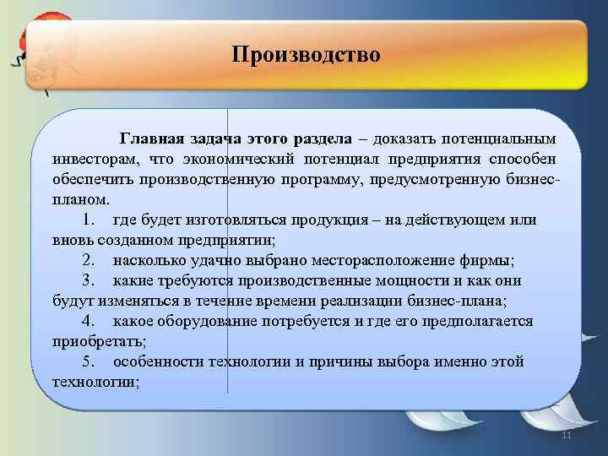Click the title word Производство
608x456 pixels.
click(x=307, y=56)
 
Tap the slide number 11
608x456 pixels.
click(x=567, y=434)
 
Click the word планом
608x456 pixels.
click(x=80, y=200)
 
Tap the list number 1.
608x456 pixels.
click(x=90, y=220)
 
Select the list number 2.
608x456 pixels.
click(x=90, y=260)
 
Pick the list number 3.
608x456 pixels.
click(x=90, y=280)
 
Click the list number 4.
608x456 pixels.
click(x=90, y=321)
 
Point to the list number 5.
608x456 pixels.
click(x=90, y=361)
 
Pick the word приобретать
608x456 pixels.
click(x=97, y=341)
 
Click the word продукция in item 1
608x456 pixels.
click(x=333, y=220)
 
